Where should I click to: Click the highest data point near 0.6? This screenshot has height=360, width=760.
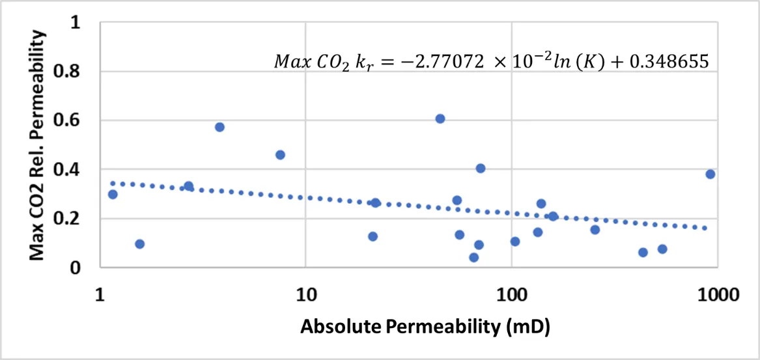tap(440, 118)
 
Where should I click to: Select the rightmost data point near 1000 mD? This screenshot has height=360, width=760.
tap(711, 174)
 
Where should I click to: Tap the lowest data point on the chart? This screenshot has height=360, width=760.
tap(474, 257)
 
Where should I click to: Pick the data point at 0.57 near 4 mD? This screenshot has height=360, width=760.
tap(219, 127)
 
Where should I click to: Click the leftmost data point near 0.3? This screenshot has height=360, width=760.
tap(113, 194)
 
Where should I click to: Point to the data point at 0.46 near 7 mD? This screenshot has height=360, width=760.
tap(280, 155)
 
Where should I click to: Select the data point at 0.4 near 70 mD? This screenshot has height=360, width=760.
tap(481, 168)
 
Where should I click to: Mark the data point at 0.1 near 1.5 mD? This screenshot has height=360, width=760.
tap(139, 244)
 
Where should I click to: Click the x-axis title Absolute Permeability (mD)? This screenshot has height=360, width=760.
tap(425, 326)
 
